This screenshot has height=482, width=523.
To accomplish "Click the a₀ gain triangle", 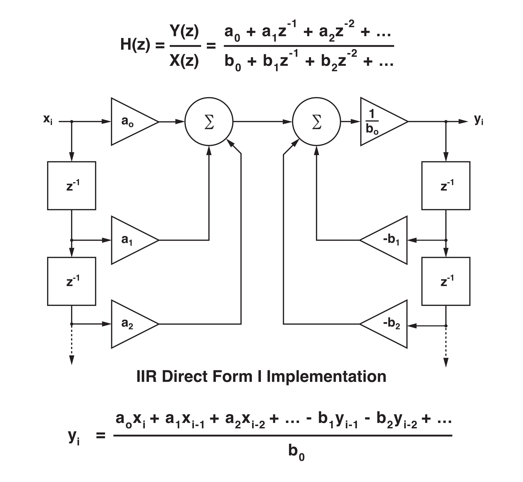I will coord(130,122).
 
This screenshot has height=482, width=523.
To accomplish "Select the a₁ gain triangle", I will coord(130,240).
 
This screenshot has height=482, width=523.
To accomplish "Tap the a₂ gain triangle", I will coord(130,324).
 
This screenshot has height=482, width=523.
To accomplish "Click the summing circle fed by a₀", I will coord(209,122).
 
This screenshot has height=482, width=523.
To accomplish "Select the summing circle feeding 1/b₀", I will coord(316,122).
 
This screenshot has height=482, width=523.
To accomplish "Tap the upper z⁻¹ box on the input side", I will coord(72,186).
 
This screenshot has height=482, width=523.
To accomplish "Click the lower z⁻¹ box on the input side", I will coord(72,281).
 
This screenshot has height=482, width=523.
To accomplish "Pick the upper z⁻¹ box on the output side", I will coord(446,186).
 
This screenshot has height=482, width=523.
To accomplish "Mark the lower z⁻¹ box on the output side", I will coord(446,281).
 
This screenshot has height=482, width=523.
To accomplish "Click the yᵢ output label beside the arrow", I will coord(478,119).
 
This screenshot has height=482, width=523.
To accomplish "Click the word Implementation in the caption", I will coord(326,377).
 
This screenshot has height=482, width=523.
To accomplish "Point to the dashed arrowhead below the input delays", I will coord(72,361).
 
